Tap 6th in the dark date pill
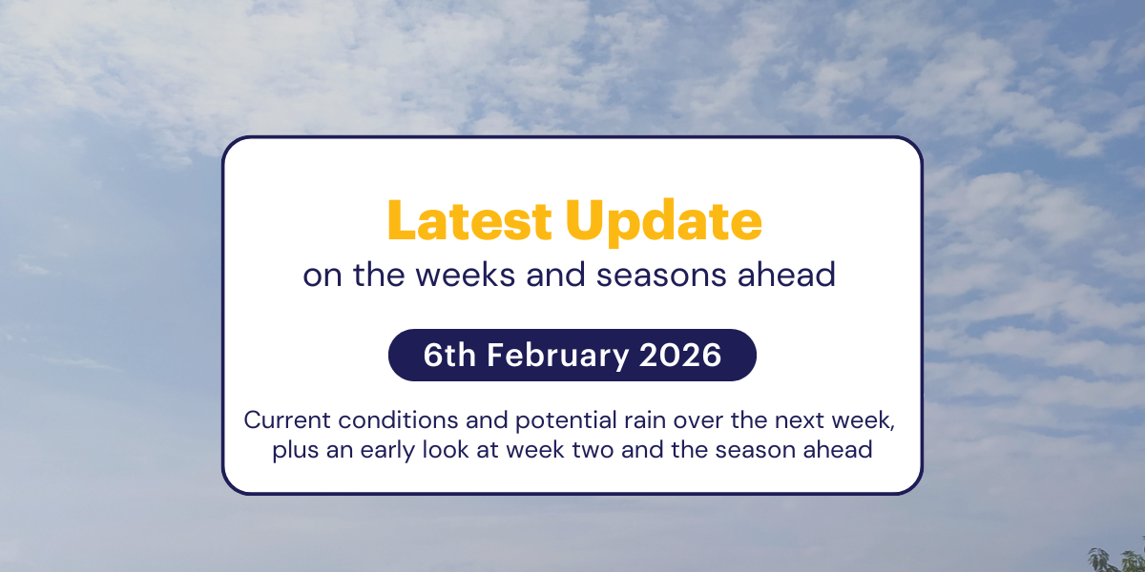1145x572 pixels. [450, 355]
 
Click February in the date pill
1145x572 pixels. [558, 355]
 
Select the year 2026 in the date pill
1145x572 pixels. [680, 355]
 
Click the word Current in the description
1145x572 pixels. [281, 419]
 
